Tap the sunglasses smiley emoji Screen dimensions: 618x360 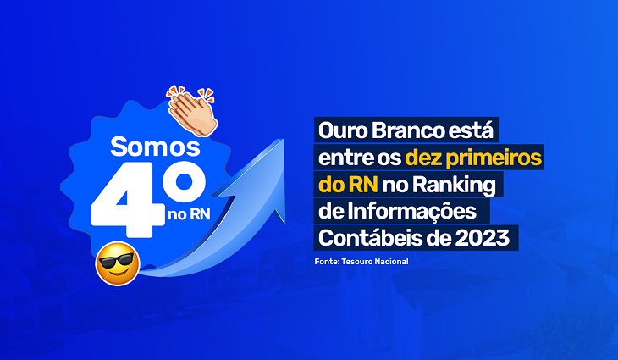click(x=118, y=263)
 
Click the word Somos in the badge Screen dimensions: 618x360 click(x=155, y=147)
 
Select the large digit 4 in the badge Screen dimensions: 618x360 click(x=128, y=200)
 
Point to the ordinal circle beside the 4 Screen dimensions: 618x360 click(x=185, y=181)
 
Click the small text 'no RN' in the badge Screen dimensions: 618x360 click(x=189, y=214)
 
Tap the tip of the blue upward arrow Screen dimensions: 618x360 click(x=283, y=140)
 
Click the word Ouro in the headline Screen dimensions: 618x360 click(x=343, y=130)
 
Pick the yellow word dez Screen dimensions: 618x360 click(x=422, y=158)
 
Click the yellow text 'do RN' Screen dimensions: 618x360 click(x=348, y=185)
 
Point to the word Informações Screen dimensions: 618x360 click(x=411, y=212)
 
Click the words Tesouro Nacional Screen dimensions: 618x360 click(x=375, y=262)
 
